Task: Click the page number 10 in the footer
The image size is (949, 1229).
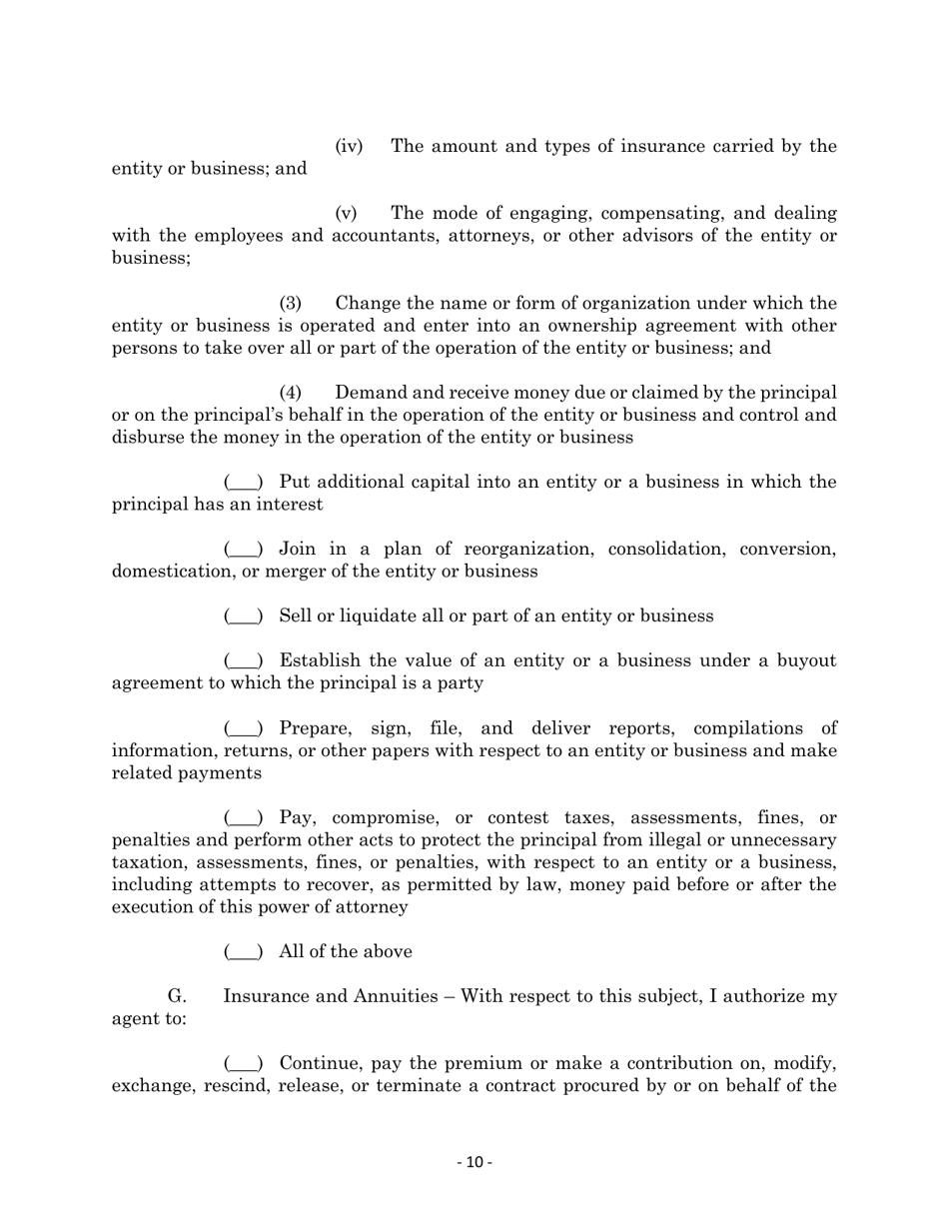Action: (x=474, y=1162)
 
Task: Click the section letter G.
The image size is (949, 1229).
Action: (x=177, y=996)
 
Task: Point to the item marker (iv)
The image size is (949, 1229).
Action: (x=349, y=147)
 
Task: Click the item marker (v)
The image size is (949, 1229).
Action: (x=346, y=214)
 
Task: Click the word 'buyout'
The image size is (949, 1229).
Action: (x=805, y=661)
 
